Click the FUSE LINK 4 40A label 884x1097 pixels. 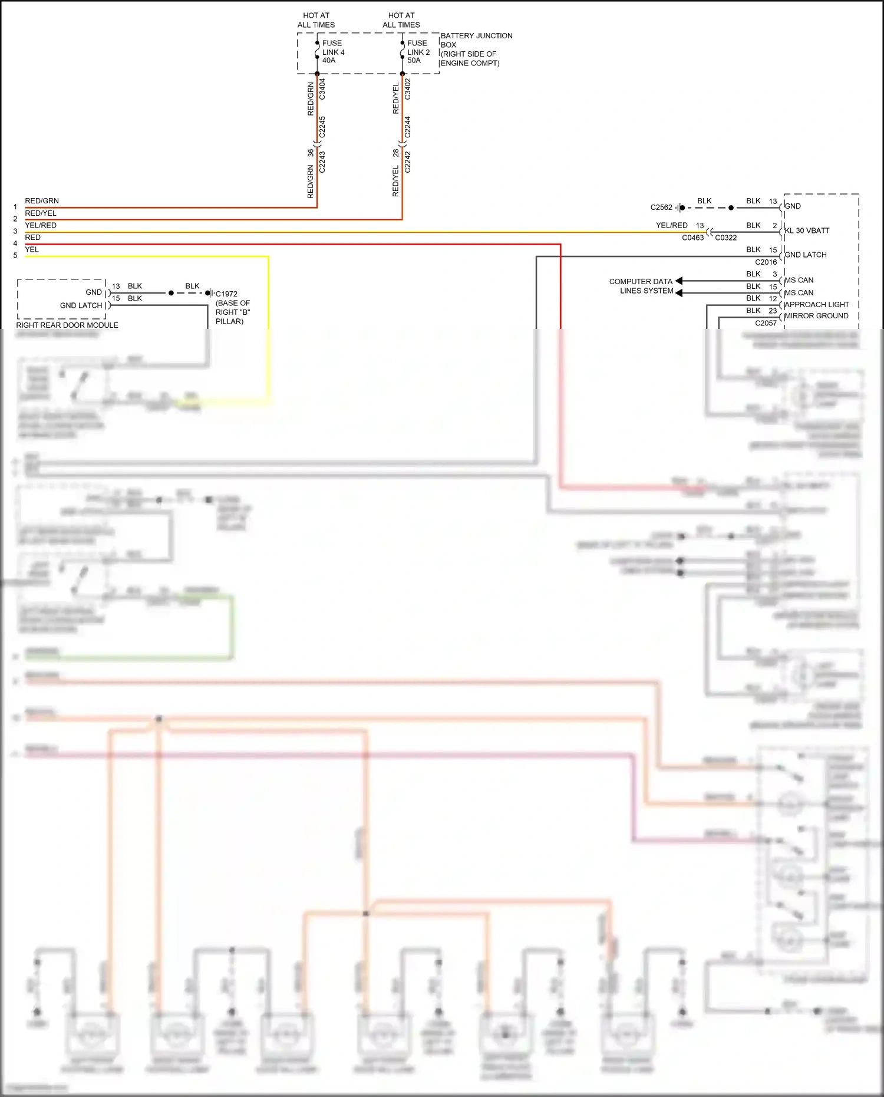click(x=333, y=52)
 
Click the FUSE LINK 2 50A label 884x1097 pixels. click(x=418, y=52)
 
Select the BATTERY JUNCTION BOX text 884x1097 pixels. click(x=476, y=40)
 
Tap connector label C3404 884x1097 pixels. click(x=322, y=89)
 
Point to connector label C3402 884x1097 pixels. click(x=408, y=89)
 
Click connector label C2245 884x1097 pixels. click(x=322, y=127)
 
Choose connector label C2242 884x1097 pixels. click(x=408, y=162)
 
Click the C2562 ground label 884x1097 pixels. click(x=661, y=207)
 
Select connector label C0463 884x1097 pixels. click(x=692, y=238)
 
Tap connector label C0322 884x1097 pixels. click(x=725, y=238)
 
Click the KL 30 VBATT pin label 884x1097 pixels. click(x=807, y=231)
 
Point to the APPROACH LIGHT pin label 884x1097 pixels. click(x=817, y=305)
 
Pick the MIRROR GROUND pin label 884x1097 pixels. click(x=816, y=316)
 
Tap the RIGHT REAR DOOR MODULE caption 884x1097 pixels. click(x=67, y=325)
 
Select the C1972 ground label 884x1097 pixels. click(x=226, y=294)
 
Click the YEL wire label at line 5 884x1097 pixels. click(x=32, y=250)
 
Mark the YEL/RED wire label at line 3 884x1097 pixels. click(x=41, y=226)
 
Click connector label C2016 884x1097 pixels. click(x=766, y=262)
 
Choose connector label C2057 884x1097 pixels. click(x=766, y=324)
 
